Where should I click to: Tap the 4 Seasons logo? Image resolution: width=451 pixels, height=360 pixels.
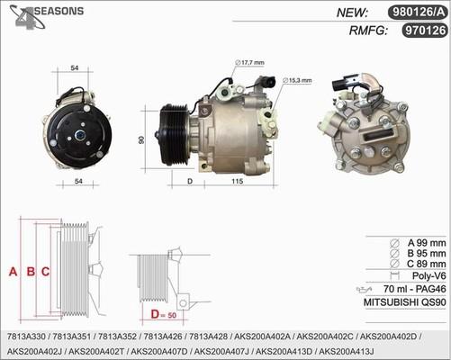click(x=43, y=15)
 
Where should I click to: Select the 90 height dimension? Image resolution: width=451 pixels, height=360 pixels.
click(x=142, y=140)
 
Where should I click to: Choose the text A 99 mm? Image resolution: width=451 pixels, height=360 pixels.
click(x=424, y=243)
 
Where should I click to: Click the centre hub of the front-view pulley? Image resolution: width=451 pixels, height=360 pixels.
click(x=78, y=136)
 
